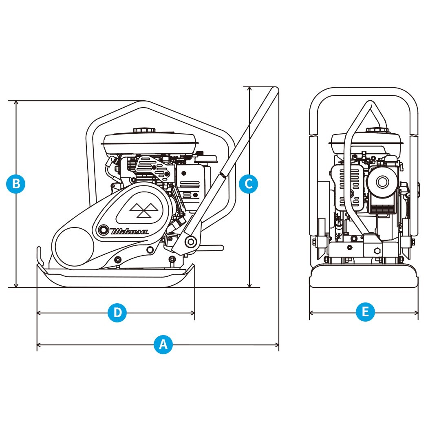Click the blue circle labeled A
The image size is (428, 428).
click(x=163, y=345)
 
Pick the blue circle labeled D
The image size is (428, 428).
click(x=117, y=313)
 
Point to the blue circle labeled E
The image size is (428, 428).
click(x=365, y=313)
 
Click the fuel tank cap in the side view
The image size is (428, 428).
click(x=144, y=130)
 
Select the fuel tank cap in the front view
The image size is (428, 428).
click(x=377, y=130)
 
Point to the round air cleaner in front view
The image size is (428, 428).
click(x=382, y=181)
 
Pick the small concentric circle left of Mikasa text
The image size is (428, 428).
click(x=104, y=231)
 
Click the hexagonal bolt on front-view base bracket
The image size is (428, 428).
click(x=376, y=251)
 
